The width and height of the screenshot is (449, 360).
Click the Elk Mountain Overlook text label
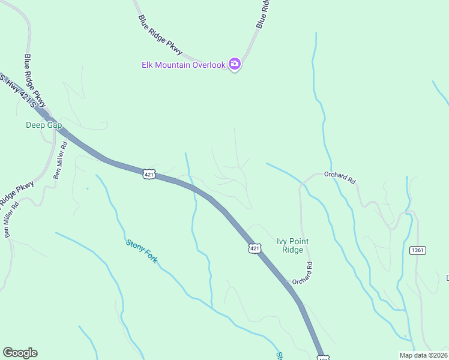[183, 65]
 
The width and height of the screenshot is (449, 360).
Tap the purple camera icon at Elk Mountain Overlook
[235, 64]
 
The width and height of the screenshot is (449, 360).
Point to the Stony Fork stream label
[142, 252]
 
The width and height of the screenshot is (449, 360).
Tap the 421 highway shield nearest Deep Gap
[149, 174]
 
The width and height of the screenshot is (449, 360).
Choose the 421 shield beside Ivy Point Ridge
[255, 248]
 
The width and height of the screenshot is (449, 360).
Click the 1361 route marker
[418, 250]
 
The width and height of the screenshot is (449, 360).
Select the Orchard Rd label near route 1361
[340, 178]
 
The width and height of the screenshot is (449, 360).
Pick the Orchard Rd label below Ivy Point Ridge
[303, 274]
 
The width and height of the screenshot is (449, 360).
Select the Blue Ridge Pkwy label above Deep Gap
[35, 82]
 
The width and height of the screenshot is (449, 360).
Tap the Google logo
[20, 353]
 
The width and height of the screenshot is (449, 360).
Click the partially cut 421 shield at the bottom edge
[323, 358]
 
